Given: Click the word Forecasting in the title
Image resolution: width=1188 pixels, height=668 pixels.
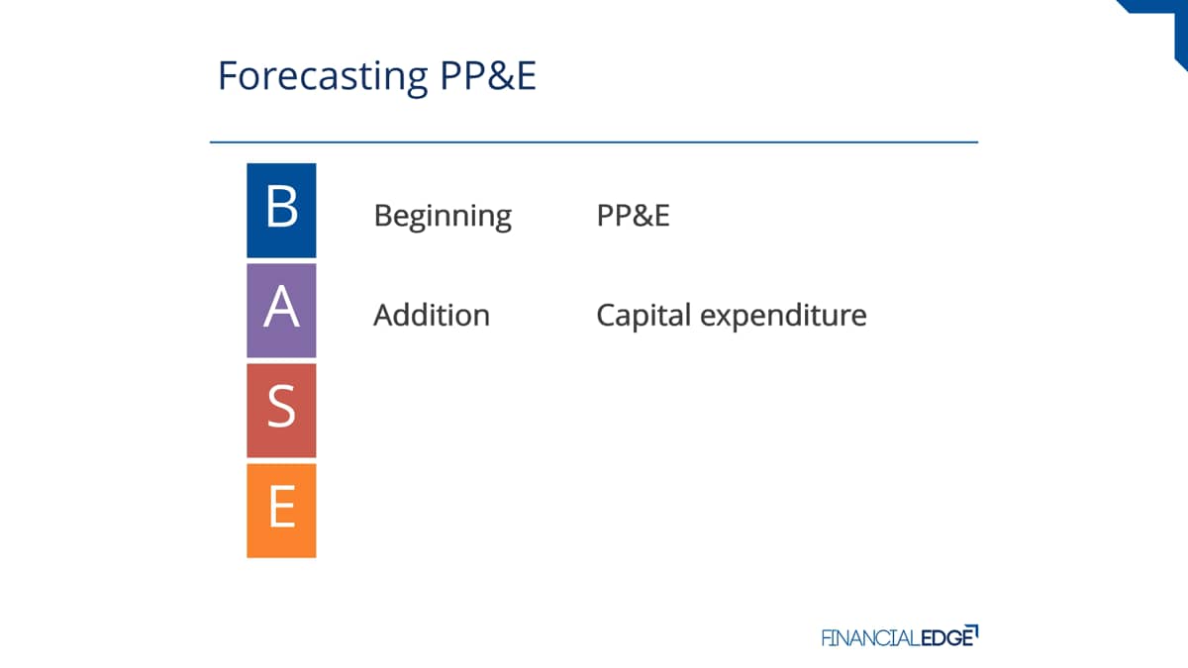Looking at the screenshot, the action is coord(323,77).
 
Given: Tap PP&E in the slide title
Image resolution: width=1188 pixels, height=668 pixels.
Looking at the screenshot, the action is coord(488,75).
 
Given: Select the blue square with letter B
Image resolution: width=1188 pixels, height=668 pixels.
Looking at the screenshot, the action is coord(281,211).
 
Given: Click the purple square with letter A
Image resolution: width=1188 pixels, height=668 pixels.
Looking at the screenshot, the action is coord(281,311).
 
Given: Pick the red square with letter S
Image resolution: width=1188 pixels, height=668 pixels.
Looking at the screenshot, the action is coord(281,411).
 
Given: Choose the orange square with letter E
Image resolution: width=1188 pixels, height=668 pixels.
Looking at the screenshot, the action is coord(281,511).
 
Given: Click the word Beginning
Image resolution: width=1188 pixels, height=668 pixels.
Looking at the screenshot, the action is coord(443,217).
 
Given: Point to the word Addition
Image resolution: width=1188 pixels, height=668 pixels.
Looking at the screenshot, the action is coord(432,315).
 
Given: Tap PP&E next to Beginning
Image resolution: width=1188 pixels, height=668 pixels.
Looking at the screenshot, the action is coord(633,216).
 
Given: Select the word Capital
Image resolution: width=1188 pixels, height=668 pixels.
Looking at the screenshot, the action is coord(643,317).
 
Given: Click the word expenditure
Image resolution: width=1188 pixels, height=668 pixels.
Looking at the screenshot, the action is coord(783,317).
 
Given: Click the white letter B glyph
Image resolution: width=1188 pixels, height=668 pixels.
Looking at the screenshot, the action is coord(281,206).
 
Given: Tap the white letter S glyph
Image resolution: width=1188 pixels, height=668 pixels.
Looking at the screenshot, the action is coord(281,407).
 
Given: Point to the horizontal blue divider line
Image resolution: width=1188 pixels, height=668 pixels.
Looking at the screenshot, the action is coord(594,143).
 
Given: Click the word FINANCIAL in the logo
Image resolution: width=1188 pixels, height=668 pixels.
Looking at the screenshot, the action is coord(871,637).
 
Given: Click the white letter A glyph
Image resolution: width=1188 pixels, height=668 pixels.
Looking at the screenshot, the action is coord(281,307).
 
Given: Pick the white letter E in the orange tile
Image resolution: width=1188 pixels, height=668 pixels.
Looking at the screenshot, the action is coord(282,507).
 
